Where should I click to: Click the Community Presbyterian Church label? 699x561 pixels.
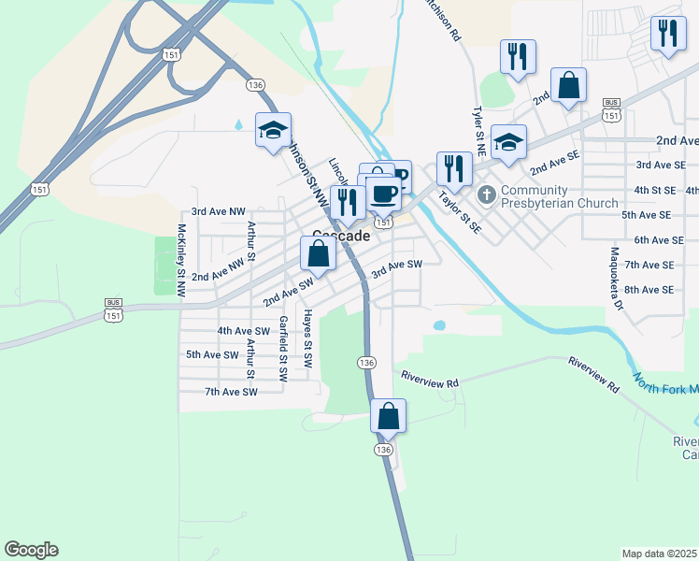[x=559, y=196]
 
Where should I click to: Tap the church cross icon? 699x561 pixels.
[x=486, y=195]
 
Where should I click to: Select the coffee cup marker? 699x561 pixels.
[x=383, y=193]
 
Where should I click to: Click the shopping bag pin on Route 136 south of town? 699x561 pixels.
[x=388, y=415]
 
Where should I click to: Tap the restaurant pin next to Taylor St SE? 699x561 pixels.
[x=453, y=168]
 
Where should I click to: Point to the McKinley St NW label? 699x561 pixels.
[x=181, y=261]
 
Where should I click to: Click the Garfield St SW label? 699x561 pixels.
[x=282, y=348]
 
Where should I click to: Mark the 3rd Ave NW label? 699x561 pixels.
[x=218, y=212]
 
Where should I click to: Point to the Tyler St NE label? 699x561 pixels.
[x=477, y=122]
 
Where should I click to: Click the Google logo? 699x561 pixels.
[x=31, y=550]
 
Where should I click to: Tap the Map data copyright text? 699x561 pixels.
[x=660, y=554]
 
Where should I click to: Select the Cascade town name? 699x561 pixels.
[x=341, y=237]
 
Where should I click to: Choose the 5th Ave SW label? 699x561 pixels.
[x=212, y=354]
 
